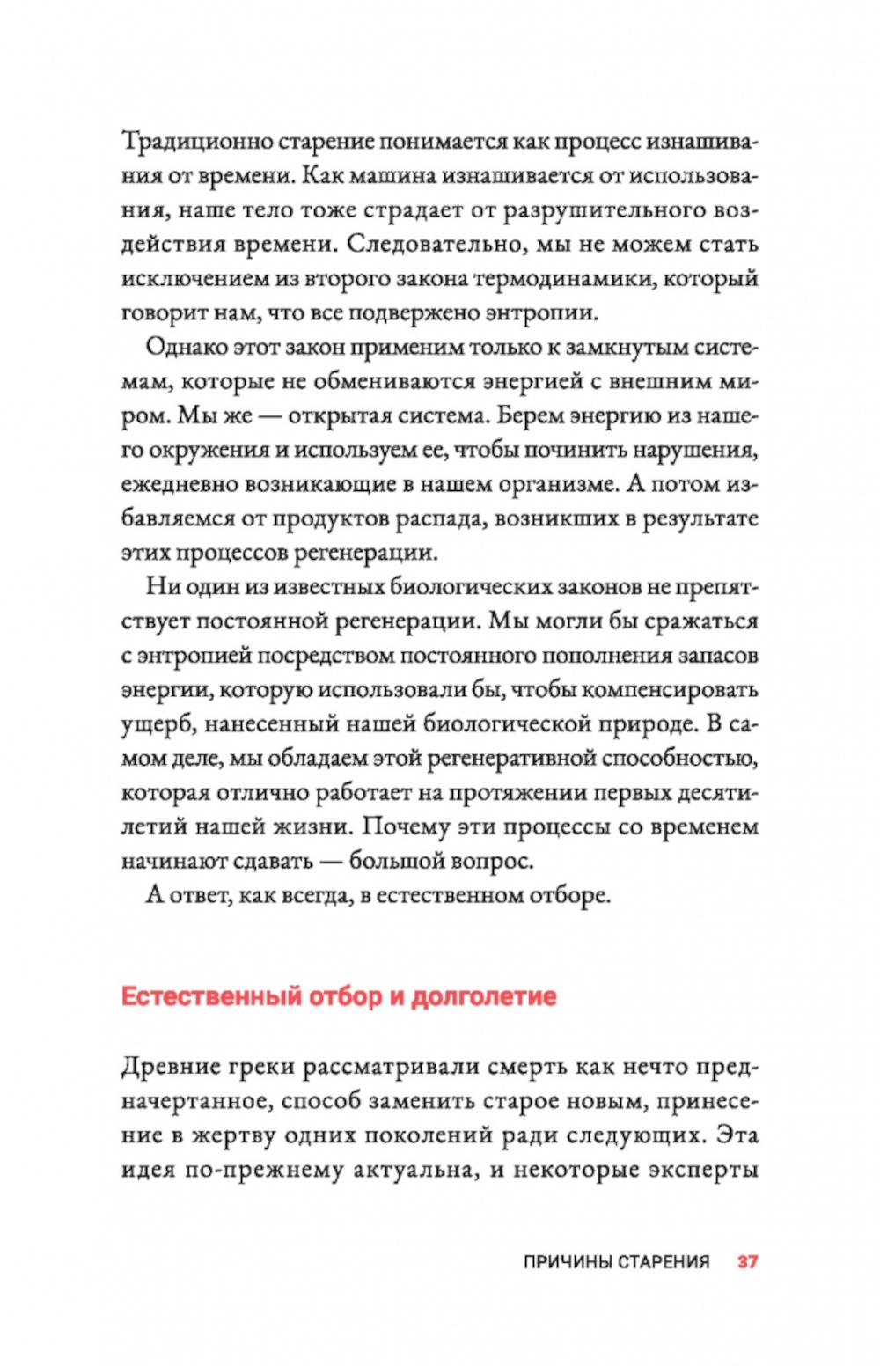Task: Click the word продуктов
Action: (x=331, y=518)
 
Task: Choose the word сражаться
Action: (x=700, y=621)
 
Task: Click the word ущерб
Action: (x=150, y=724)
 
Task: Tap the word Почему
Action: (x=405, y=827)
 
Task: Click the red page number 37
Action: (x=747, y=1261)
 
